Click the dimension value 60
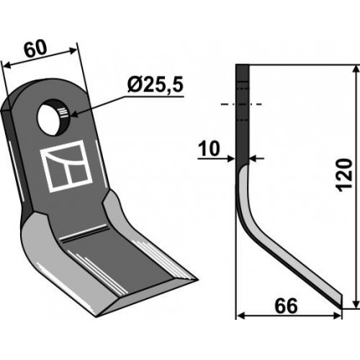tap(35, 49)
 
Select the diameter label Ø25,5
tap(155, 85)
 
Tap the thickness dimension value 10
tap(209, 149)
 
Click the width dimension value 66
tap(286, 306)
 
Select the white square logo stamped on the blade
tap(66, 166)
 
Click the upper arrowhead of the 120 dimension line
tap(355, 70)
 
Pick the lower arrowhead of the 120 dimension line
tap(355, 303)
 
